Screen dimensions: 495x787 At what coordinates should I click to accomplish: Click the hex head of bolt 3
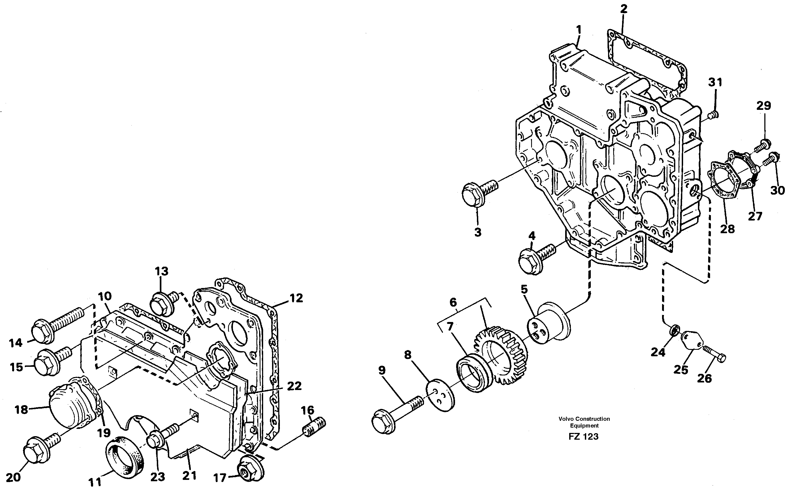click(x=472, y=195)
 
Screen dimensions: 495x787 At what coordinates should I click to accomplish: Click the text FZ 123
click(x=584, y=436)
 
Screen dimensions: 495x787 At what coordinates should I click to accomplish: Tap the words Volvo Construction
click(x=584, y=419)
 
